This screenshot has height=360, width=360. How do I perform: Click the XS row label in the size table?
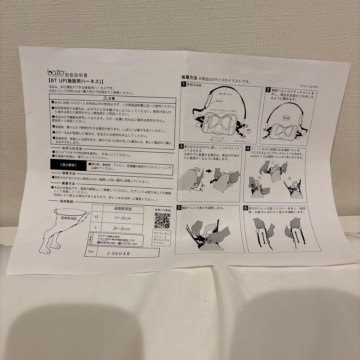[x=96, y=217]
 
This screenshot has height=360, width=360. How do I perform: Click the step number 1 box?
[x=183, y=84]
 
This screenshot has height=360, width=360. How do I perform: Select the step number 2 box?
[x=267, y=90]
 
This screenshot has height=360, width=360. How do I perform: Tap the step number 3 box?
[x=181, y=146]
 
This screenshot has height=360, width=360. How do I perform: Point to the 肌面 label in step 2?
[x=286, y=118]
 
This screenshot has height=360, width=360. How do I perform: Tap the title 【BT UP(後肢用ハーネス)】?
[x=76, y=81]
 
